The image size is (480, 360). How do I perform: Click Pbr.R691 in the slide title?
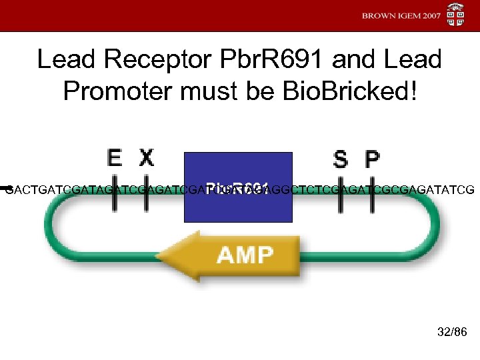tap(261, 60)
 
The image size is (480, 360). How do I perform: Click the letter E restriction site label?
tap(115, 158)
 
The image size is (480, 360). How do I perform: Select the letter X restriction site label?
tap(146, 158)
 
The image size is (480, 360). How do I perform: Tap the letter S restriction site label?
tap(340, 159)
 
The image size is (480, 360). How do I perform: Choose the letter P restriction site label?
tap(372, 159)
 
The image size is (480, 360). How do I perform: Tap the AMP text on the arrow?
tap(245, 255)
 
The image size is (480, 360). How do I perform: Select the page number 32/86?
tap(452, 331)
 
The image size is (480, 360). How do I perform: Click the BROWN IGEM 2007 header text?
tap(401, 15)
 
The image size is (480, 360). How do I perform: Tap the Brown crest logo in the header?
tap(456, 15)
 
